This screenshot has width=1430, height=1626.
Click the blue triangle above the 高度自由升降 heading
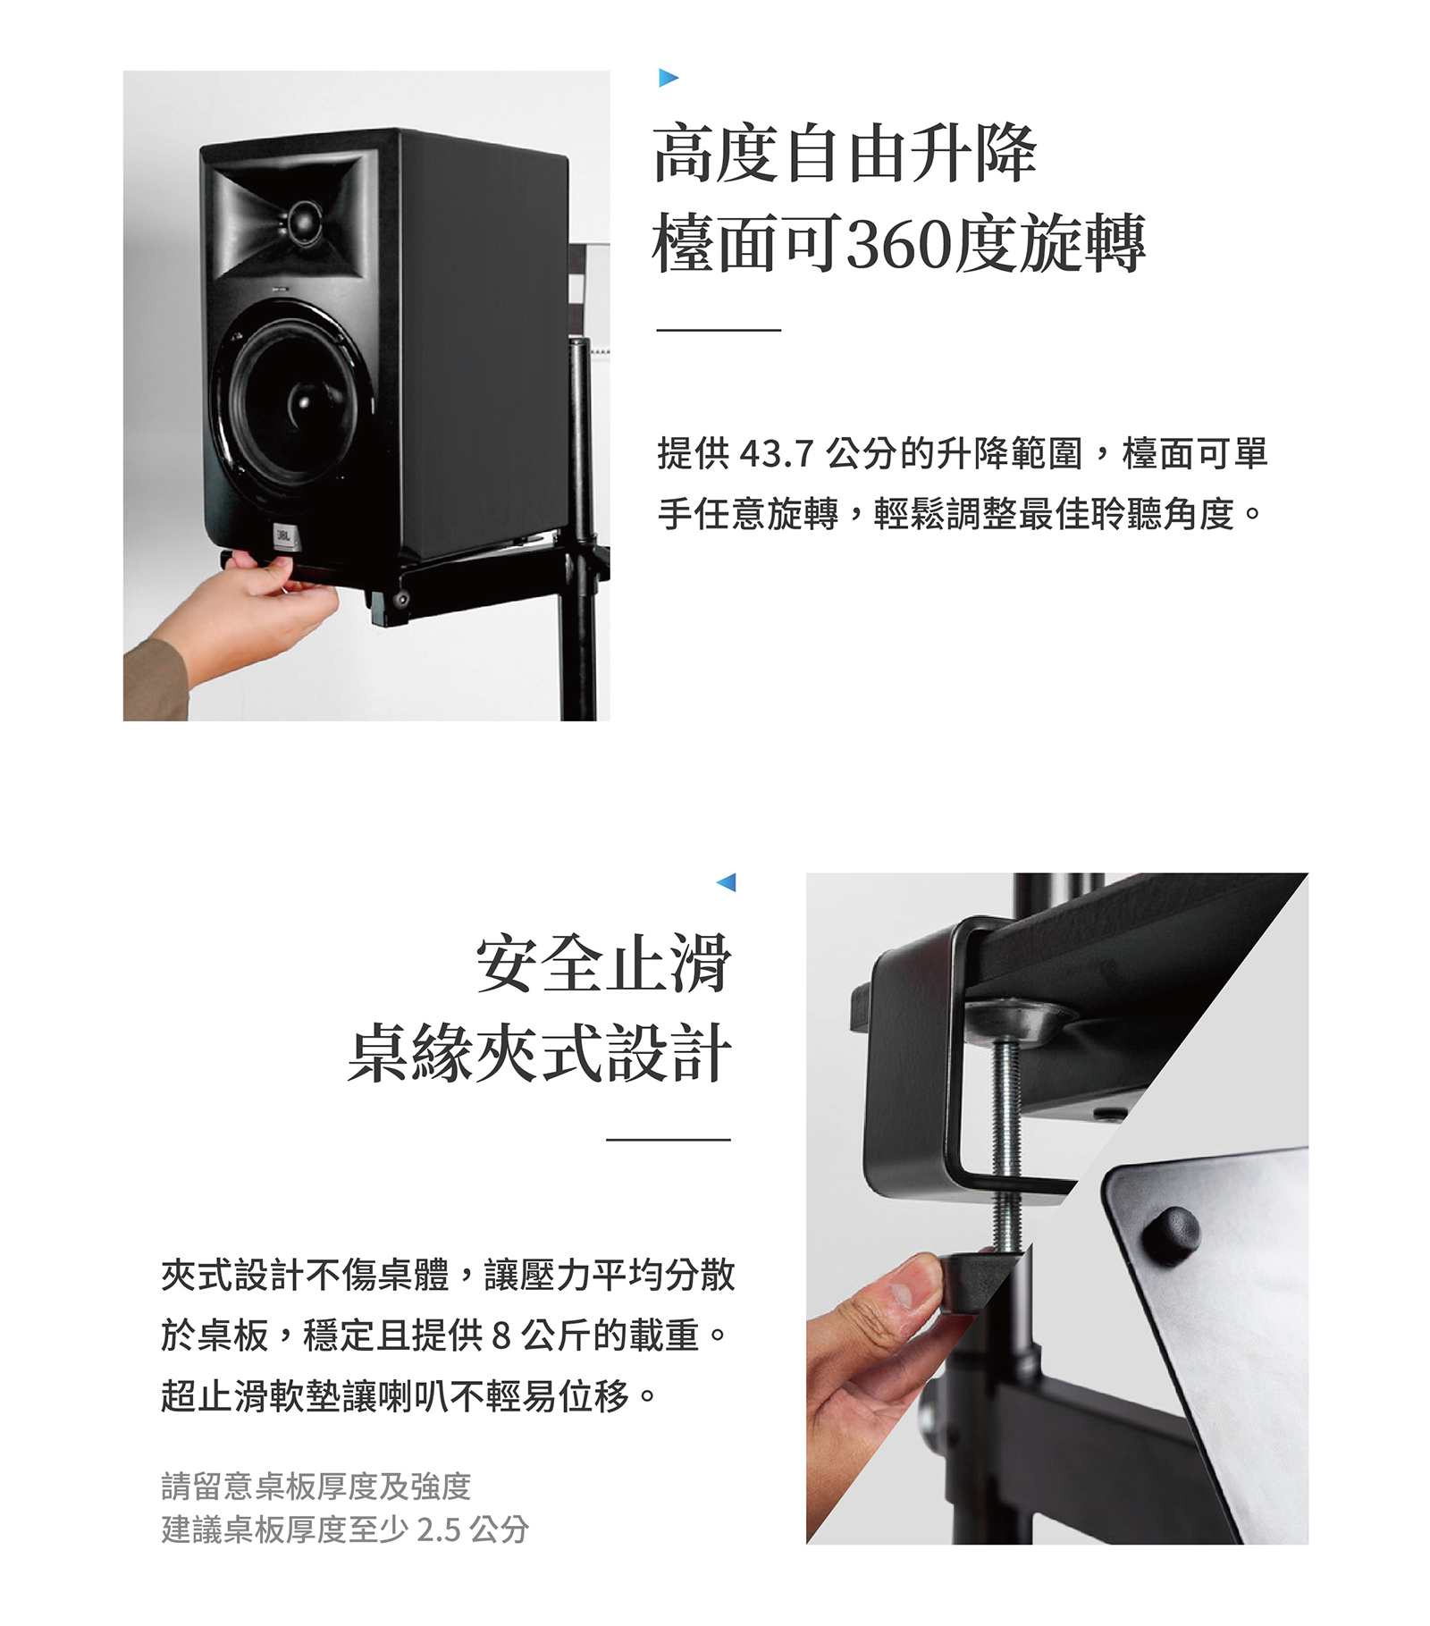(669, 78)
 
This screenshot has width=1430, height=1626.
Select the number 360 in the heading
(898, 244)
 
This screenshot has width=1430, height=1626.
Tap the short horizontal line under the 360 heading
(719, 330)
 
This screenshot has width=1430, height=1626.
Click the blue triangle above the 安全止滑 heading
(727, 882)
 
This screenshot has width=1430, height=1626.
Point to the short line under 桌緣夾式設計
(669, 1140)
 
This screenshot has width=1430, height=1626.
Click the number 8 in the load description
(500, 1335)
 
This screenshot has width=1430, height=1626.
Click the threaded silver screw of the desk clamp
(1007, 1144)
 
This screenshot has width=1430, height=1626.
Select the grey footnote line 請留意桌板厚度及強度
(316, 1486)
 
